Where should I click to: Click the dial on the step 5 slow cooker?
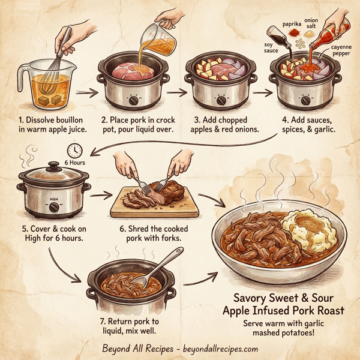point(55,208)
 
